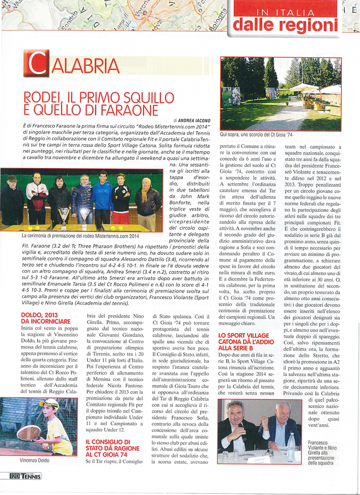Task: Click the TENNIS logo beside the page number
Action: tap(31, 476)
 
